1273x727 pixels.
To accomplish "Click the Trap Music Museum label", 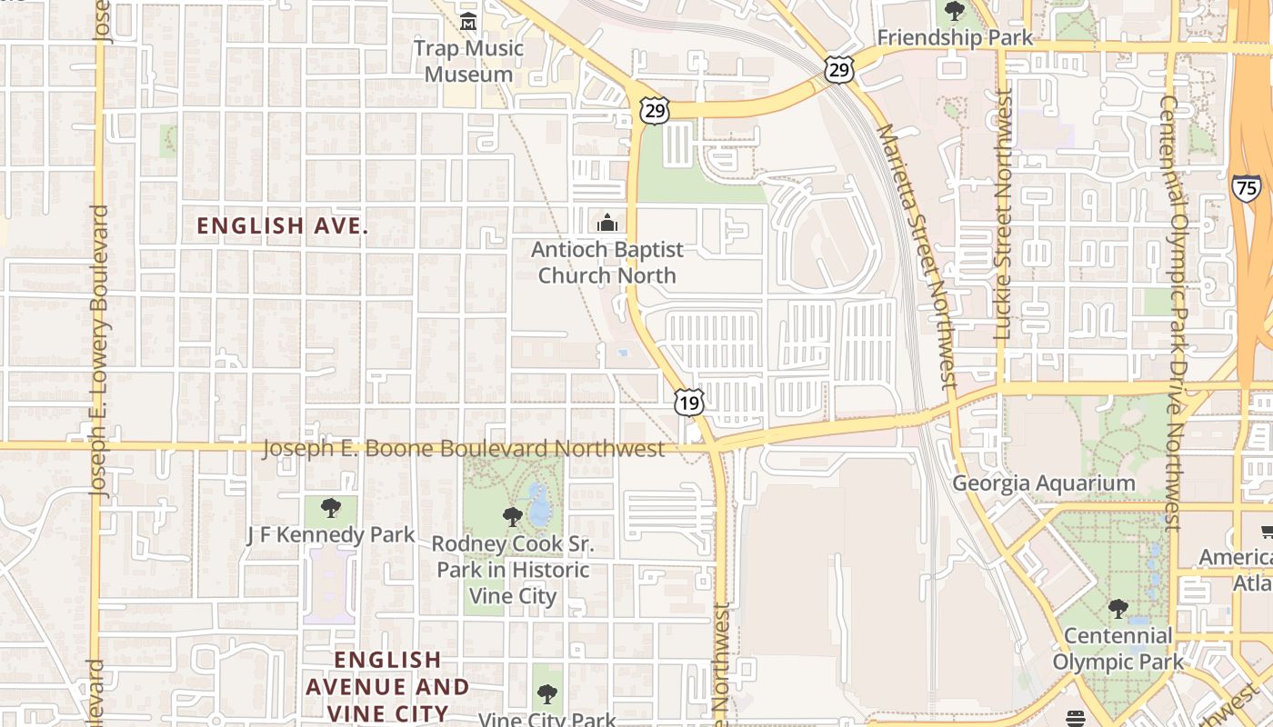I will click(468, 61).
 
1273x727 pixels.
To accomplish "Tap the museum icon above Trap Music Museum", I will click(468, 21).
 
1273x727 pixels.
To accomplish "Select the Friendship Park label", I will click(955, 38).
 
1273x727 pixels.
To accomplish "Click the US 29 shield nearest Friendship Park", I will click(839, 70).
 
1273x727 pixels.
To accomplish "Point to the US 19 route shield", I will click(689, 402).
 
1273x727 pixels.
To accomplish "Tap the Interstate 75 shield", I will click(1247, 187).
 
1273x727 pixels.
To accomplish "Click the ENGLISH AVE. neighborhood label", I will click(283, 226).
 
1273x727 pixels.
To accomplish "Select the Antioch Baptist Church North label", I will click(606, 262).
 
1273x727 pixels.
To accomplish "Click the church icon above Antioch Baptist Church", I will click(606, 223).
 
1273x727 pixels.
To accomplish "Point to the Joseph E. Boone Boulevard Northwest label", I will click(464, 449).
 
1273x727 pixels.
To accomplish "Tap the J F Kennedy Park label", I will click(331, 535).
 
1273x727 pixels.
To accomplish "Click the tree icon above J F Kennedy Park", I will click(331, 507).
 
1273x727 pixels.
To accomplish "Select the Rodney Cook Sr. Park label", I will click(512, 570).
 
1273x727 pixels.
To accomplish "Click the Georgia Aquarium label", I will click(1043, 483).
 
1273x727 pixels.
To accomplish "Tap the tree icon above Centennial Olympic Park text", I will click(1118, 608).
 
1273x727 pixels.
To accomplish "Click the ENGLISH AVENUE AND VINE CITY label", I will click(387, 686).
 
